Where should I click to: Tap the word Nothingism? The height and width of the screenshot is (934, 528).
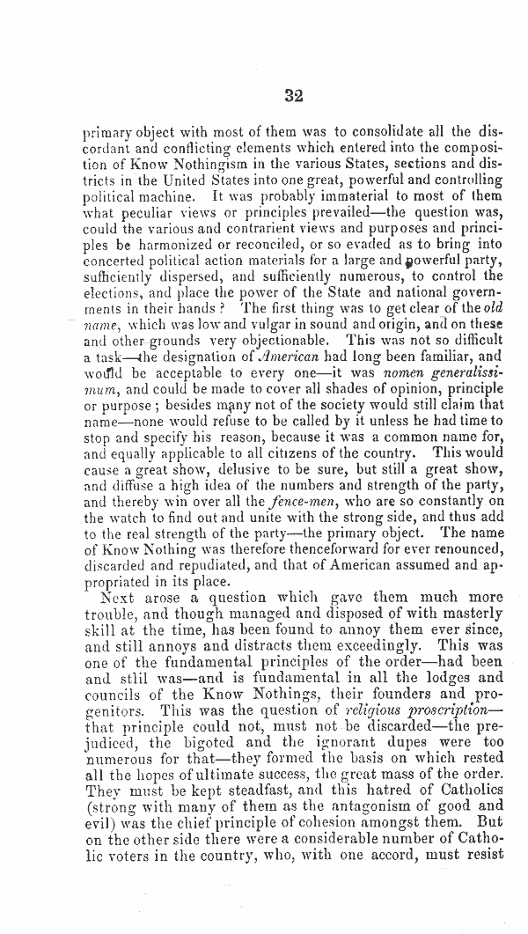[186, 165]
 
